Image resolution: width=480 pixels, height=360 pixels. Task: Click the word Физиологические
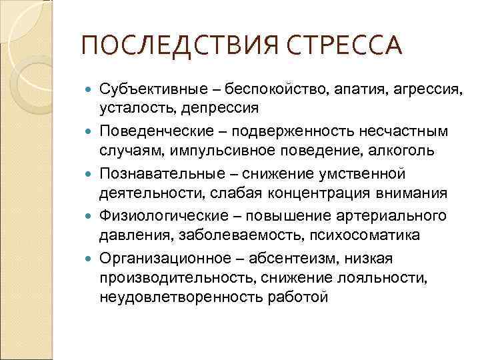click(x=169, y=217)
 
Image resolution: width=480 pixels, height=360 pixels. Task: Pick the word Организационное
click(x=169, y=259)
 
